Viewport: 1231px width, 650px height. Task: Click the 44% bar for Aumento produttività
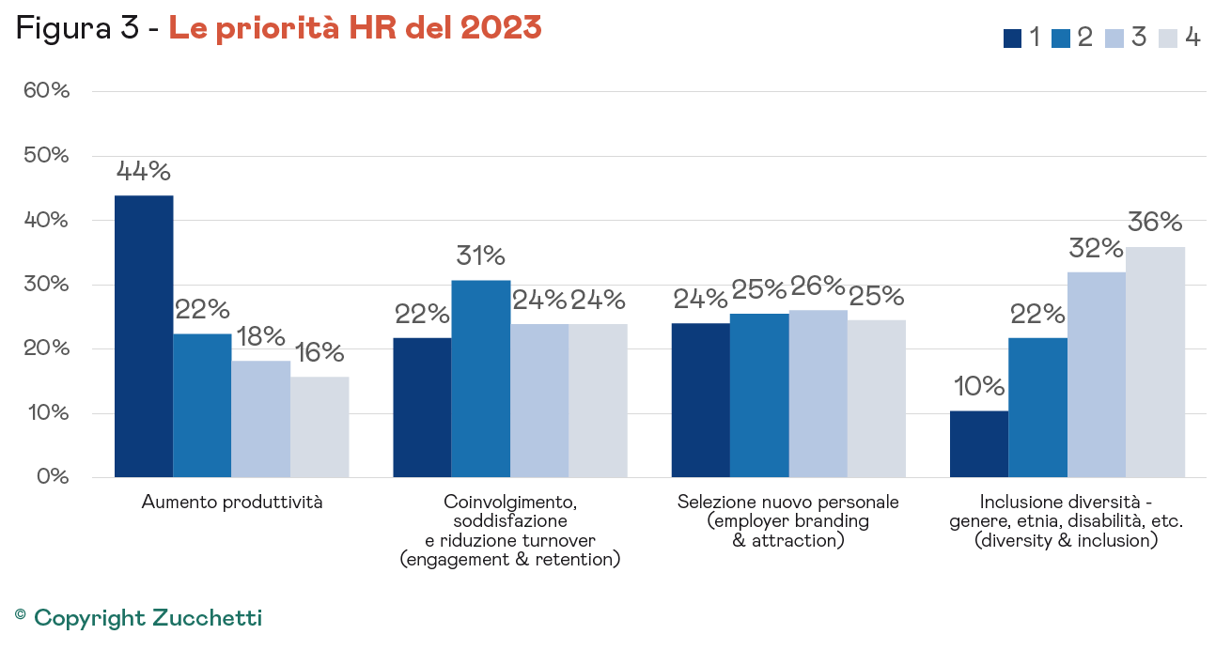tap(144, 336)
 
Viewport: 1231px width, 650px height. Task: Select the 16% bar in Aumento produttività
tap(319, 426)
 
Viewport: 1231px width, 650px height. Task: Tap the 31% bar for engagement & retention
tap(481, 379)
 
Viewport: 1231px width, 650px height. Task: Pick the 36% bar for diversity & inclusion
tap(1156, 362)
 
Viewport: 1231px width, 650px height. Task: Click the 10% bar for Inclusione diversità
tap(979, 444)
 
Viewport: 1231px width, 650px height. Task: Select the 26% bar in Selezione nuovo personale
tap(818, 394)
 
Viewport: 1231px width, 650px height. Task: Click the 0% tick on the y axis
tap(53, 477)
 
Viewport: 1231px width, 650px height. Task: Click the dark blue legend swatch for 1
tap(1012, 39)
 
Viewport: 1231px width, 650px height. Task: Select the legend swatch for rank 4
tap(1168, 39)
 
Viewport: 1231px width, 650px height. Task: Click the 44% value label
tap(144, 171)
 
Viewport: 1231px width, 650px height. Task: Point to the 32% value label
tap(1097, 248)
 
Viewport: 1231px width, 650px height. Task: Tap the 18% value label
tap(260, 336)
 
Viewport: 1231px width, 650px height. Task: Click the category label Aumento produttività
tap(232, 502)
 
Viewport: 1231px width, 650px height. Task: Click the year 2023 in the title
tap(501, 28)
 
